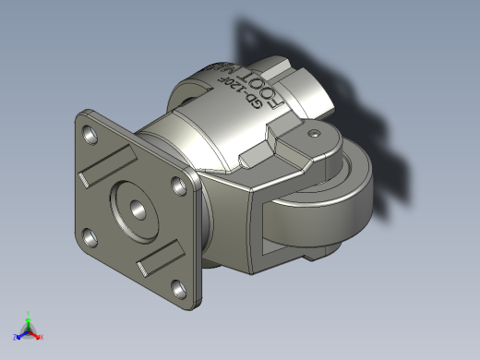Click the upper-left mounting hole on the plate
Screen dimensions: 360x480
tap(90, 136)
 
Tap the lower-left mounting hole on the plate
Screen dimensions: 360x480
tap(90, 239)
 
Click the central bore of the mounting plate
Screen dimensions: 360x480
tap(133, 211)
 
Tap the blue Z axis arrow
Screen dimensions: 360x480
tap(21, 334)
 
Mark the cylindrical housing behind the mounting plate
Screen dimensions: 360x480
tap(185, 138)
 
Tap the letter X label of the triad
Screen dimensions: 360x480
tap(42, 338)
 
